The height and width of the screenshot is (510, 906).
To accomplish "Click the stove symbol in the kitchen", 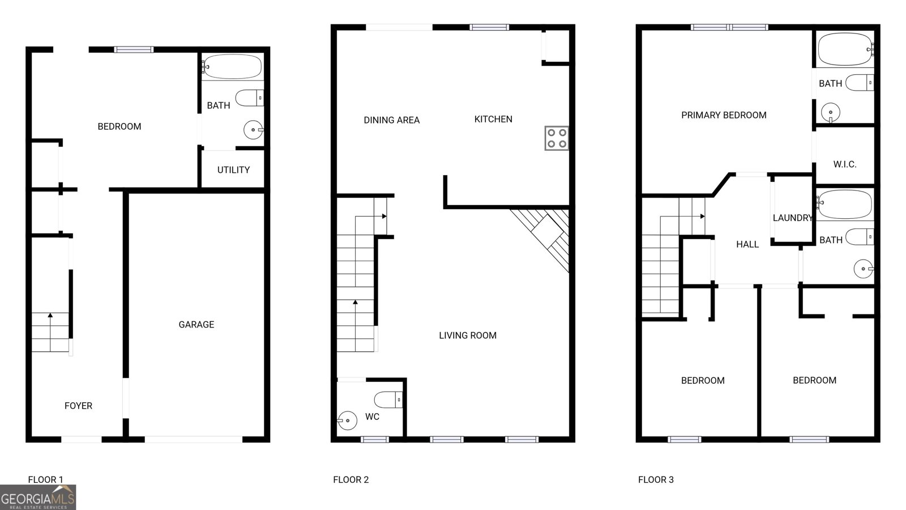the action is tap(557, 138).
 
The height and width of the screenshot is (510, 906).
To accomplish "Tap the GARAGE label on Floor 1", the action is tap(196, 324).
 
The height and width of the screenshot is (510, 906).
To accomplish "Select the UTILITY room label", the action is tap(233, 170).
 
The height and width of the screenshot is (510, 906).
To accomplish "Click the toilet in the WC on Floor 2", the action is tap(388, 400).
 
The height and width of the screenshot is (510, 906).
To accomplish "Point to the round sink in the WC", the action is tap(347, 420).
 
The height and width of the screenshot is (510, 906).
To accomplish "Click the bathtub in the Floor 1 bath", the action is tap(232, 67).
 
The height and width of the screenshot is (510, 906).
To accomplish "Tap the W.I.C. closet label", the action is tap(845, 164).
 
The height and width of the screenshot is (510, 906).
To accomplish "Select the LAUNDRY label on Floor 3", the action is tap(793, 218).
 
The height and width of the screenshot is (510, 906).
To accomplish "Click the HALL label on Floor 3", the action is tap(747, 244).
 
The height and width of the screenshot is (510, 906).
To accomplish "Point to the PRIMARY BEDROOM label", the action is tap(724, 116).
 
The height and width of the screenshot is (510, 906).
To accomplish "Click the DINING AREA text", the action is tap(391, 120).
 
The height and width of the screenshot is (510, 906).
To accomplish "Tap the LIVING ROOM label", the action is tap(468, 335).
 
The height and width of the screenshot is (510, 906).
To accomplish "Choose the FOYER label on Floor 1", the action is tap(79, 406).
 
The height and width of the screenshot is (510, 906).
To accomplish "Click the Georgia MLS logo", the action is tap(38, 498).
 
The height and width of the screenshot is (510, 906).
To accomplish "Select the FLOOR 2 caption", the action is tap(351, 480).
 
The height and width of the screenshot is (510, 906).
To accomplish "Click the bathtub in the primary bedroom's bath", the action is tap(845, 49).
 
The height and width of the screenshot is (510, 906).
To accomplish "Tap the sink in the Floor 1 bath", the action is tap(254, 130).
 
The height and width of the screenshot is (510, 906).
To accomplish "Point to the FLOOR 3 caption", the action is tap(656, 480).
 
